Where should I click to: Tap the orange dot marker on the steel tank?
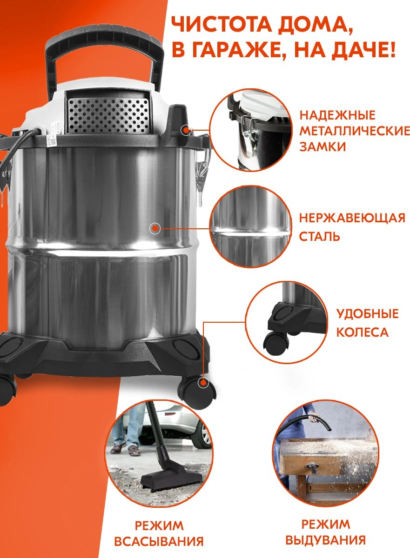click(x=155, y=228)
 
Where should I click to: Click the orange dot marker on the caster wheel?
click(x=203, y=389)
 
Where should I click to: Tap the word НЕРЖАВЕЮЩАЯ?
click(x=352, y=218)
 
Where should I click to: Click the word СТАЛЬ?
click(x=319, y=236)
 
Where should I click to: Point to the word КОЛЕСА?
click(x=363, y=332)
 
